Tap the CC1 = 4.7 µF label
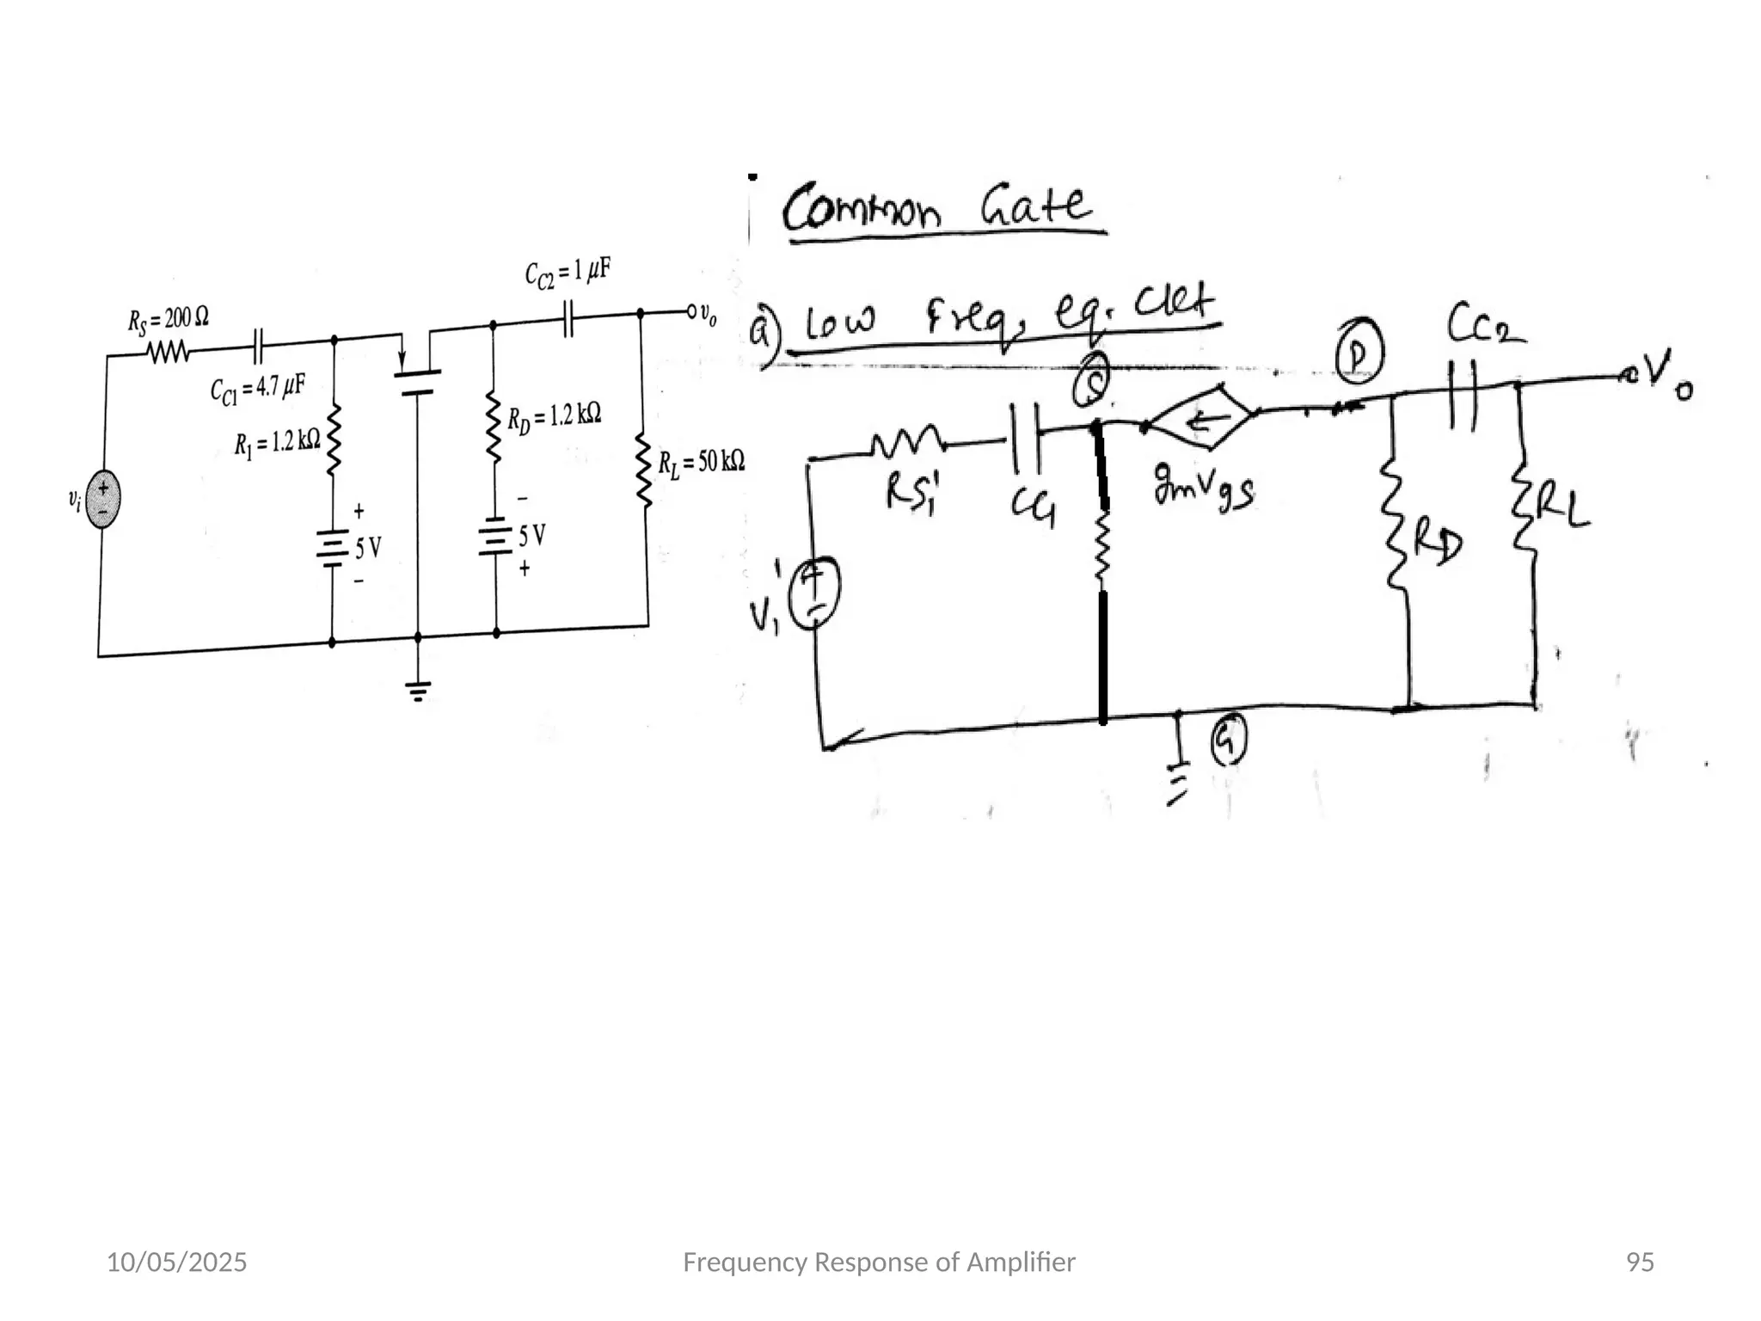pos(257,389)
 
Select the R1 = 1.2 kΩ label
pos(277,443)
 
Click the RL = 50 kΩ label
pos(701,463)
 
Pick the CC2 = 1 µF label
pos(568,273)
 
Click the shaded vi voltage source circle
pos(103,499)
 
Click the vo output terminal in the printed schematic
pos(692,311)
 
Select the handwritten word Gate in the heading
pos(1036,205)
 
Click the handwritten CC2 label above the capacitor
pos(1486,325)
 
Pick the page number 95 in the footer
pos(1640,1263)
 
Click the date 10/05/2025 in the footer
pos(176,1263)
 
